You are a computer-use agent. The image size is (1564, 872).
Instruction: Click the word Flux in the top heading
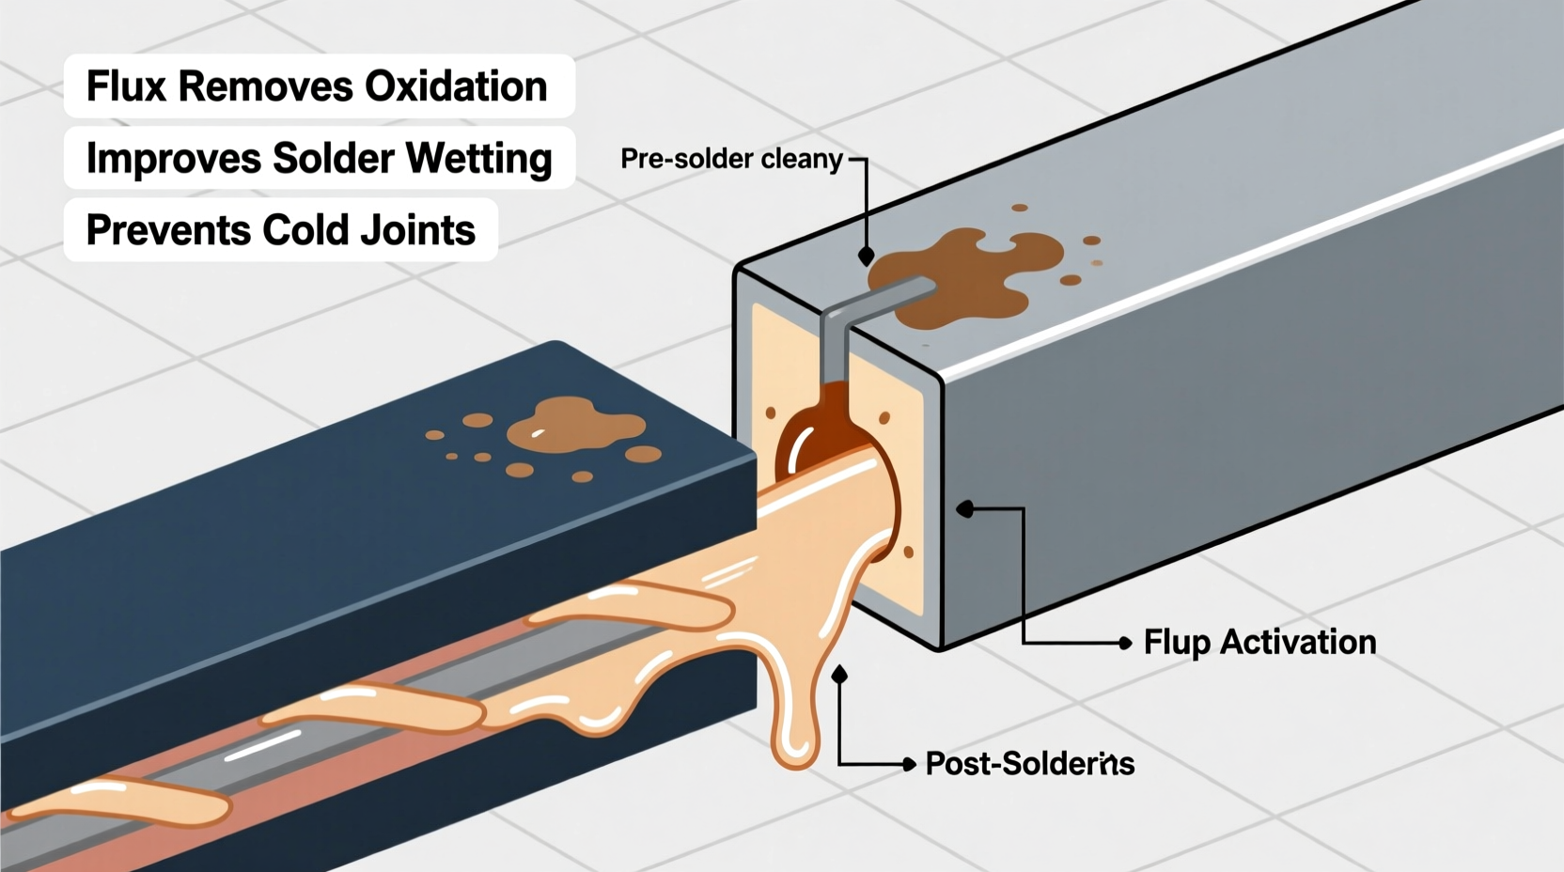click(127, 86)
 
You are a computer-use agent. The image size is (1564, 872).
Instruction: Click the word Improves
click(173, 159)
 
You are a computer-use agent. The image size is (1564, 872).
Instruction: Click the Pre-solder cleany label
click(731, 159)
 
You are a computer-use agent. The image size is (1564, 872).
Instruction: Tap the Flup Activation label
click(1259, 643)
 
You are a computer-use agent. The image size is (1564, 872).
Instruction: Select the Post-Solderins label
click(1029, 764)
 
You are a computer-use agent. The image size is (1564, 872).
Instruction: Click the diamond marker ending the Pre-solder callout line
click(867, 256)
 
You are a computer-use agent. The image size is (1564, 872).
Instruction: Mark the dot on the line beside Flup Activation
click(1125, 644)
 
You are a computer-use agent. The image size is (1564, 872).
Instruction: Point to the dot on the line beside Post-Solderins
click(909, 765)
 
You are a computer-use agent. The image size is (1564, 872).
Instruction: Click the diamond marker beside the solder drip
click(839, 675)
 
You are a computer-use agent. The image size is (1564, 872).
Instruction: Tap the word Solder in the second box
click(333, 159)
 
